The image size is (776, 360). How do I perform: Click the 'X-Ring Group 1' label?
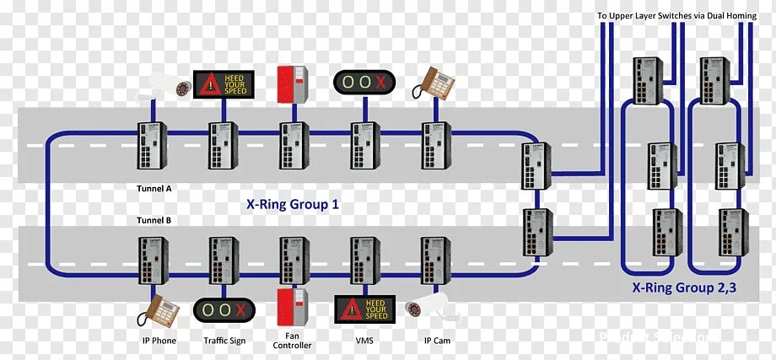click(292, 203)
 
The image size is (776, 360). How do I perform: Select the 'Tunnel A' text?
click(154, 189)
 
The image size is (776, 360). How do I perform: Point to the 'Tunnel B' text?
click(154, 220)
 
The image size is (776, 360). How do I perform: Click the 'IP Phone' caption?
click(159, 341)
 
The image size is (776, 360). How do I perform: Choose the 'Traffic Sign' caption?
click(224, 341)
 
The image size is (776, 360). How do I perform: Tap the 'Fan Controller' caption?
click(293, 341)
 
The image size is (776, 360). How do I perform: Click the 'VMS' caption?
click(364, 341)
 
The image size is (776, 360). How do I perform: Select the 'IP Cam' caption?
click(436, 341)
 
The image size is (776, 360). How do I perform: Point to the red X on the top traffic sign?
click(381, 83)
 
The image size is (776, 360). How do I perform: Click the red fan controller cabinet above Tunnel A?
click(292, 83)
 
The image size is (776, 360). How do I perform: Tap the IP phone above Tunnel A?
click(436, 82)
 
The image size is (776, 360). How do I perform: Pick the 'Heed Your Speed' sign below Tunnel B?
click(364, 309)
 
